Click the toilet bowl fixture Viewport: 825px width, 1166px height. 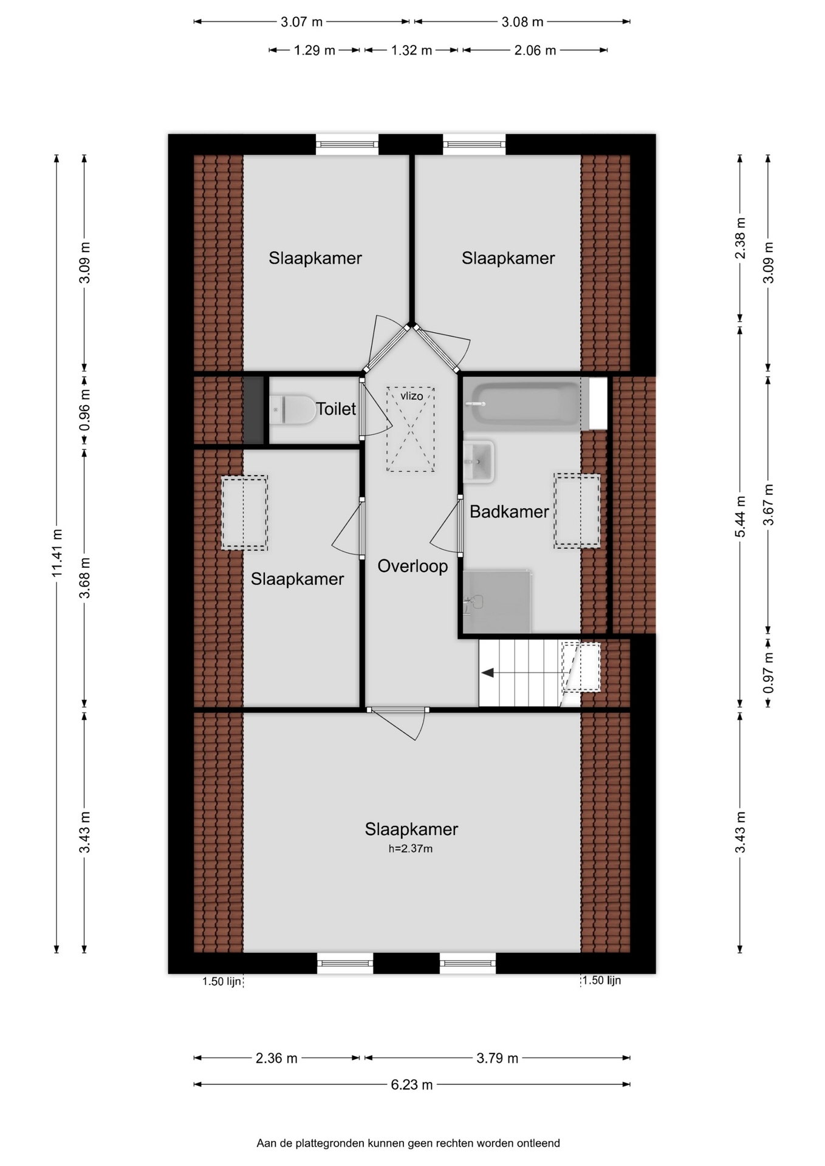[x=293, y=409]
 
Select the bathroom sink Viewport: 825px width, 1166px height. [x=479, y=462]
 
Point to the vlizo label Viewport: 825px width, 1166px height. [x=411, y=396]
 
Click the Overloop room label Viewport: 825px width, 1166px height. [x=412, y=566]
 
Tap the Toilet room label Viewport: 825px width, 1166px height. [x=335, y=409]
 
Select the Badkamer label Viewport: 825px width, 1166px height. [x=509, y=512]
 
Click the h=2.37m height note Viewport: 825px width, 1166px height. [x=411, y=848]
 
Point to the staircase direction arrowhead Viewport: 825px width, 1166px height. [x=487, y=673]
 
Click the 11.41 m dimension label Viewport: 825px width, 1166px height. [x=57, y=553]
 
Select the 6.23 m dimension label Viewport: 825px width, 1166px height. [x=412, y=1085]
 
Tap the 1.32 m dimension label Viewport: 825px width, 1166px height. [x=411, y=50]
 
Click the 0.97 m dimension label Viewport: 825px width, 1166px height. [x=769, y=673]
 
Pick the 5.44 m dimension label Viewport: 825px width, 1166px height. [x=741, y=517]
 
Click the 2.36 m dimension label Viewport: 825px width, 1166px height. [x=276, y=1059]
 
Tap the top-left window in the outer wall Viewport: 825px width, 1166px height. [x=347, y=145]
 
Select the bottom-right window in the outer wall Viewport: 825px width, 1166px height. [x=468, y=963]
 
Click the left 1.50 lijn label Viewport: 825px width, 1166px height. [x=222, y=981]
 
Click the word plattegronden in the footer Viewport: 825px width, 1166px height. [x=331, y=1144]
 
